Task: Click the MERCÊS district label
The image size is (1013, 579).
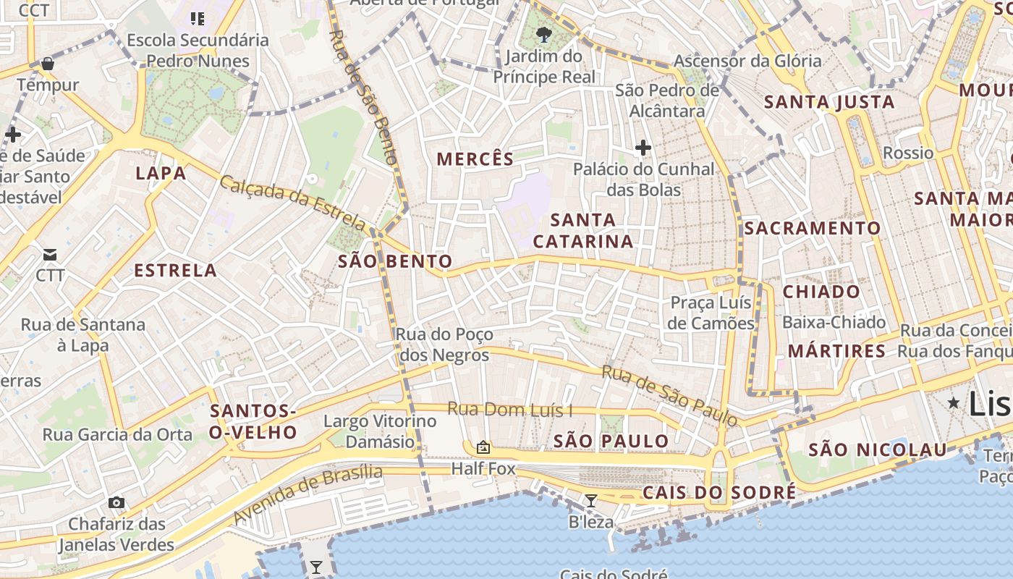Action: point(475,159)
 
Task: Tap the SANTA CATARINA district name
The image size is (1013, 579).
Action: point(583,230)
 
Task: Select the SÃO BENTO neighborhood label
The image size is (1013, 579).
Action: point(395,262)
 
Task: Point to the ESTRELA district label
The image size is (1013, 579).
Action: point(176,271)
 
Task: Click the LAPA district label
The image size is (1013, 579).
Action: point(161,173)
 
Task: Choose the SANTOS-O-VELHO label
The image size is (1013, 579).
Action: point(253,422)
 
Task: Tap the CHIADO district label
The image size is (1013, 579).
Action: point(821,292)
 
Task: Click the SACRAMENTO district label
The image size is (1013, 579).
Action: point(813,229)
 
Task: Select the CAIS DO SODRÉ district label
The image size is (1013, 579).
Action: point(719,493)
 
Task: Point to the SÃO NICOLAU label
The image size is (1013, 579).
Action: point(877,450)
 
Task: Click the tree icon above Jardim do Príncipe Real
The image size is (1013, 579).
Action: point(543,34)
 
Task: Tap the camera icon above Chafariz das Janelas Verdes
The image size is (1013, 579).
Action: point(116,502)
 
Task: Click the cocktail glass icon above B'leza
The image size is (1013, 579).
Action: point(591,500)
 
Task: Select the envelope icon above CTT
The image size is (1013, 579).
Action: point(50,254)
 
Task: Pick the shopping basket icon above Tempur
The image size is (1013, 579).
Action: point(48,64)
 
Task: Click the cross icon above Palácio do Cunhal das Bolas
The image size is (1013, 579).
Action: point(643,148)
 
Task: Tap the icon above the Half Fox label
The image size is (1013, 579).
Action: point(483,447)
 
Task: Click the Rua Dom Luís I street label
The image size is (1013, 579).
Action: point(509,410)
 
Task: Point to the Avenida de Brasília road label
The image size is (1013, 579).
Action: point(308,494)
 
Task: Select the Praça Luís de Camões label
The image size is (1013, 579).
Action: point(711,313)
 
